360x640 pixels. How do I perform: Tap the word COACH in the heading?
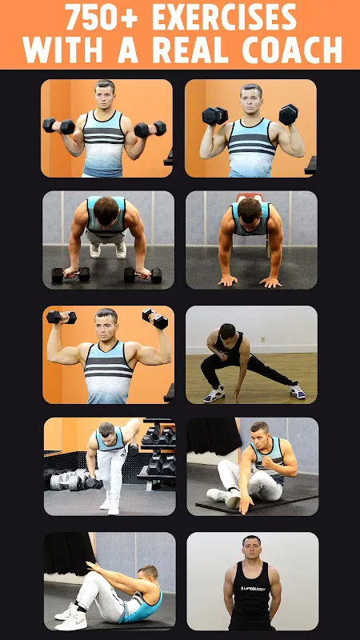click(292, 50)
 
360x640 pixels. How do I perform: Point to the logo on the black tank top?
click(253, 588)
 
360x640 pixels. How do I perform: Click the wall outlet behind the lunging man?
click(263, 338)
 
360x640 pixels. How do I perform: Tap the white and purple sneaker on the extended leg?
click(297, 391)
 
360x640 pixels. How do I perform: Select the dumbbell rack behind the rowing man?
click(157, 454)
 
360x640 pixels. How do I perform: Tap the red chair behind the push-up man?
click(249, 197)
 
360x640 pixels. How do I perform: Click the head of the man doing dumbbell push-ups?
click(106, 211)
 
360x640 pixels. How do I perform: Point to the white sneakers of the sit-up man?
click(71, 616)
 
